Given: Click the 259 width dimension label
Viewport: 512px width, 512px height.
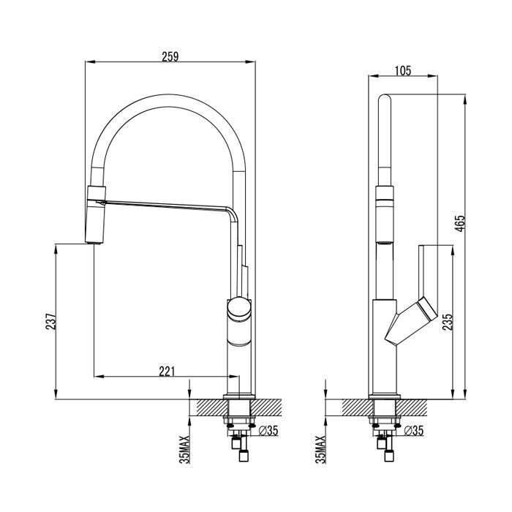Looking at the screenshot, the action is pyautogui.click(x=170, y=56).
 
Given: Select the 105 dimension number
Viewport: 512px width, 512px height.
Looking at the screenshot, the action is pyautogui.click(x=403, y=71).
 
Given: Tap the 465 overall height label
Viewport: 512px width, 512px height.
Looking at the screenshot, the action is pyautogui.click(x=460, y=224).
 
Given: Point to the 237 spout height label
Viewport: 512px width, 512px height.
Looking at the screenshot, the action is pyautogui.click(x=50, y=322).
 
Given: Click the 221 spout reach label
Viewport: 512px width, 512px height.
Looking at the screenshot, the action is pyautogui.click(x=167, y=372).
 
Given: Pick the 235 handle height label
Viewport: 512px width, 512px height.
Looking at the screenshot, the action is pyautogui.click(x=448, y=322).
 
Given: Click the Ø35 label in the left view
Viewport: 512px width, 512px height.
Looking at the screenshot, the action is pyautogui.click(x=268, y=431).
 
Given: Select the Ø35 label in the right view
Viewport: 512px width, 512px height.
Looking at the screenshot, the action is pyautogui.click(x=413, y=431).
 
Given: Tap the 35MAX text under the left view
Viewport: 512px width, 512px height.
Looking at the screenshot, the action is pyautogui.click(x=185, y=449).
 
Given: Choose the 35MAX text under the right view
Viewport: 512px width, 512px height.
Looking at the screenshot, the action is pyautogui.click(x=321, y=449).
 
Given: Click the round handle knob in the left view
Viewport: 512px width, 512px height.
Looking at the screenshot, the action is pyautogui.click(x=239, y=309).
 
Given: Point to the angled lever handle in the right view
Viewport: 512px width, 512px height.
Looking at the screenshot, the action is pyautogui.click(x=411, y=322).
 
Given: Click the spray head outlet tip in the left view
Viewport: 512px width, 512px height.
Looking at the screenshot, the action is pyautogui.click(x=94, y=242).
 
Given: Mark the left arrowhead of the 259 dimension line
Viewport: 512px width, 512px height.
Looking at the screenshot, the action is pyautogui.click(x=89, y=61).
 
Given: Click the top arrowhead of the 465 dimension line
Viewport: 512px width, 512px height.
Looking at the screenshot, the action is pyautogui.click(x=465, y=99).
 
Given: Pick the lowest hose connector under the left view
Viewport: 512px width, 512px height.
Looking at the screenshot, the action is pyautogui.click(x=244, y=456).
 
